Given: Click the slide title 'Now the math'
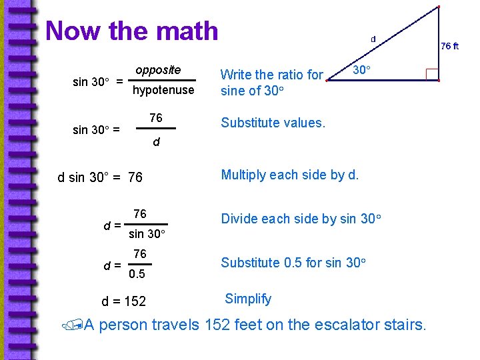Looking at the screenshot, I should tap(131, 31).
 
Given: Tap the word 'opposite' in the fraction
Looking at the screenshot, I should tap(158, 70).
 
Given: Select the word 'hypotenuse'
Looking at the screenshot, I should tap(163, 90).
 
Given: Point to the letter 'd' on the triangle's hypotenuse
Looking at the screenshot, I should tap(373, 39).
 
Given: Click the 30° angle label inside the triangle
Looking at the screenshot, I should tap(362, 69).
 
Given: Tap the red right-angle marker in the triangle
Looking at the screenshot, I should tap(431, 74).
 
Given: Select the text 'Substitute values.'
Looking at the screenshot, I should tap(273, 123).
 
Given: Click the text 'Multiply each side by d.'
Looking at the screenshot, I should tap(289, 175).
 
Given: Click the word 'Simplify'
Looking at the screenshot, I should tap(248, 299).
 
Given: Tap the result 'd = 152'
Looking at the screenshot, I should tap(123, 301).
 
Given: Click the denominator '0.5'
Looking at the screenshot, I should tap(137, 274).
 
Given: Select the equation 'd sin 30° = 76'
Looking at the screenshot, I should tap(100, 178).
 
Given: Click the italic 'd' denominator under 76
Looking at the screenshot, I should tap(156, 142).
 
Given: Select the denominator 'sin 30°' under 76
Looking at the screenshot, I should tap(147, 234).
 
